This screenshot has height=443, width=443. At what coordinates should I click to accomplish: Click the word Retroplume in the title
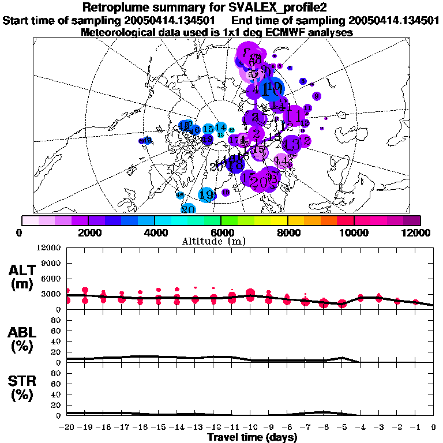click(115, 7)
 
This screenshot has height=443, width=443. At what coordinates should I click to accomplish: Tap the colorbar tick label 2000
click(88, 232)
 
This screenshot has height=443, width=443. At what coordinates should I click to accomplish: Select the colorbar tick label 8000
click(287, 232)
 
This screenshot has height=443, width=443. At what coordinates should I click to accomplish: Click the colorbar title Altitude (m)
click(222, 241)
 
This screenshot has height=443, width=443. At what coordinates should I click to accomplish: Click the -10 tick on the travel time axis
click(250, 428)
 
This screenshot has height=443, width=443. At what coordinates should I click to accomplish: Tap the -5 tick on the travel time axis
click(341, 428)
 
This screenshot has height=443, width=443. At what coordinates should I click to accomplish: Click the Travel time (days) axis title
click(252, 438)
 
